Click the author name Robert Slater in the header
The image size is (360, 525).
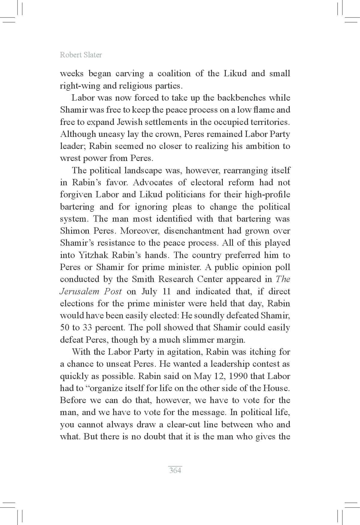[x=81, y=55]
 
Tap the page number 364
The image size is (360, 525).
[x=175, y=470]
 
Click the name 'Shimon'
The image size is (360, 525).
[x=75, y=231]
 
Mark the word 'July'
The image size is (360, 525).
[x=148, y=292]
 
